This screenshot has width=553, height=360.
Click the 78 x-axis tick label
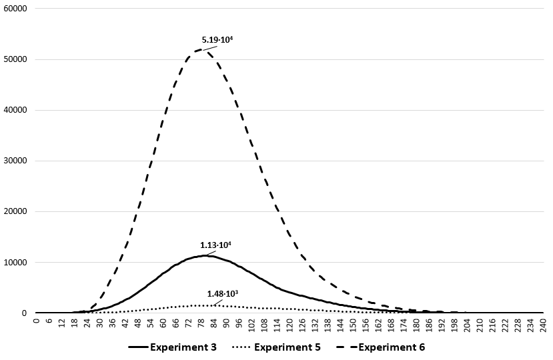(x=201, y=323)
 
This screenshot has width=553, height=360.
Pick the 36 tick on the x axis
(x=112, y=323)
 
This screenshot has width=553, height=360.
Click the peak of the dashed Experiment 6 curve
(x=201, y=49)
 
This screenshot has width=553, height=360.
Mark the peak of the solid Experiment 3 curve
(x=207, y=255)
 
